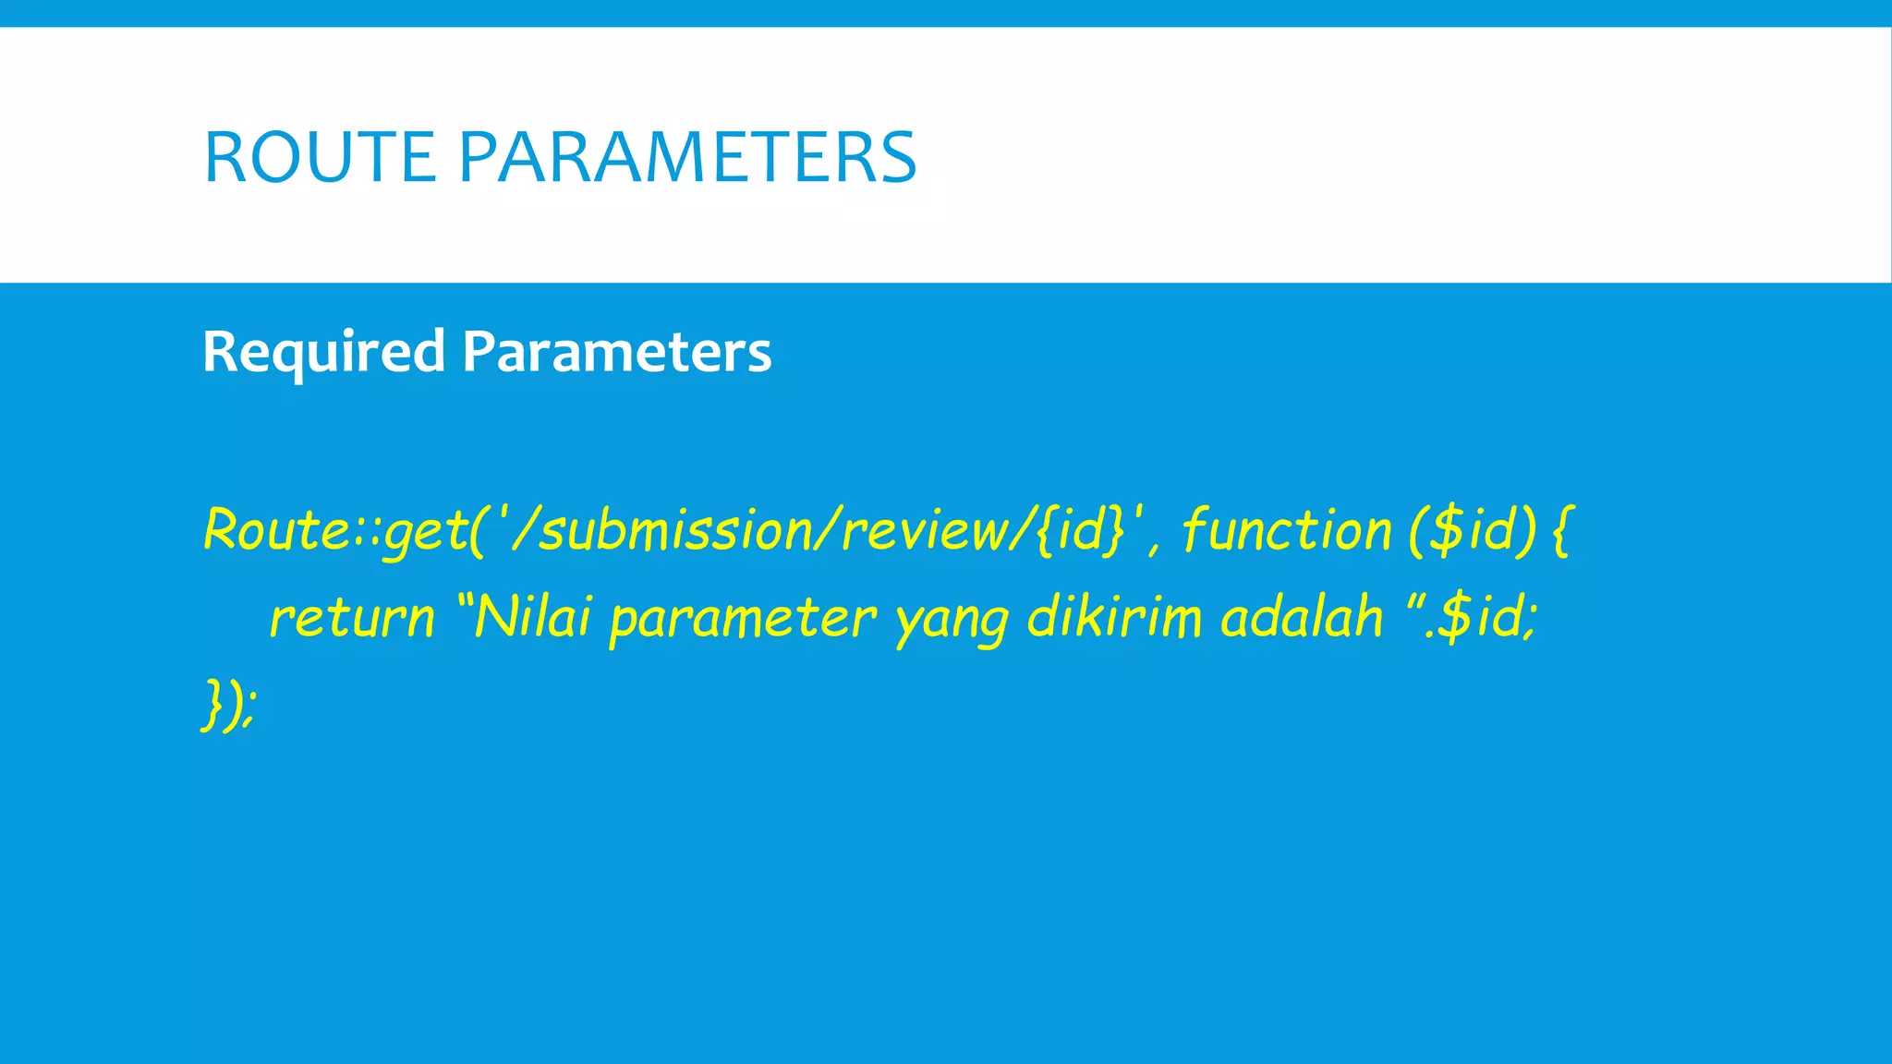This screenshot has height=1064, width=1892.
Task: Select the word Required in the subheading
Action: click(x=323, y=352)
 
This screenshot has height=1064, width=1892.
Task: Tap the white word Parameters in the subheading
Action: click(x=616, y=352)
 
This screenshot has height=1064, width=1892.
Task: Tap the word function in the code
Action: click(x=1286, y=530)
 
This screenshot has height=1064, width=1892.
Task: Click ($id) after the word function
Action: click(x=1473, y=530)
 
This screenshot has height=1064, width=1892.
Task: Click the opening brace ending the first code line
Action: click(x=1561, y=530)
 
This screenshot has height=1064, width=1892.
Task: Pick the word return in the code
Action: click(x=351, y=618)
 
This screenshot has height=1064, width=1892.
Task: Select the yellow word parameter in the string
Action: click(x=742, y=618)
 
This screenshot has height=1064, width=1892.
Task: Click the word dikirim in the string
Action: click(x=1114, y=616)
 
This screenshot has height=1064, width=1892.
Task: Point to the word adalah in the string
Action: click(x=1301, y=616)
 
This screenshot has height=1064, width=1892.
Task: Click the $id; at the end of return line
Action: click(x=1487, y=616)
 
